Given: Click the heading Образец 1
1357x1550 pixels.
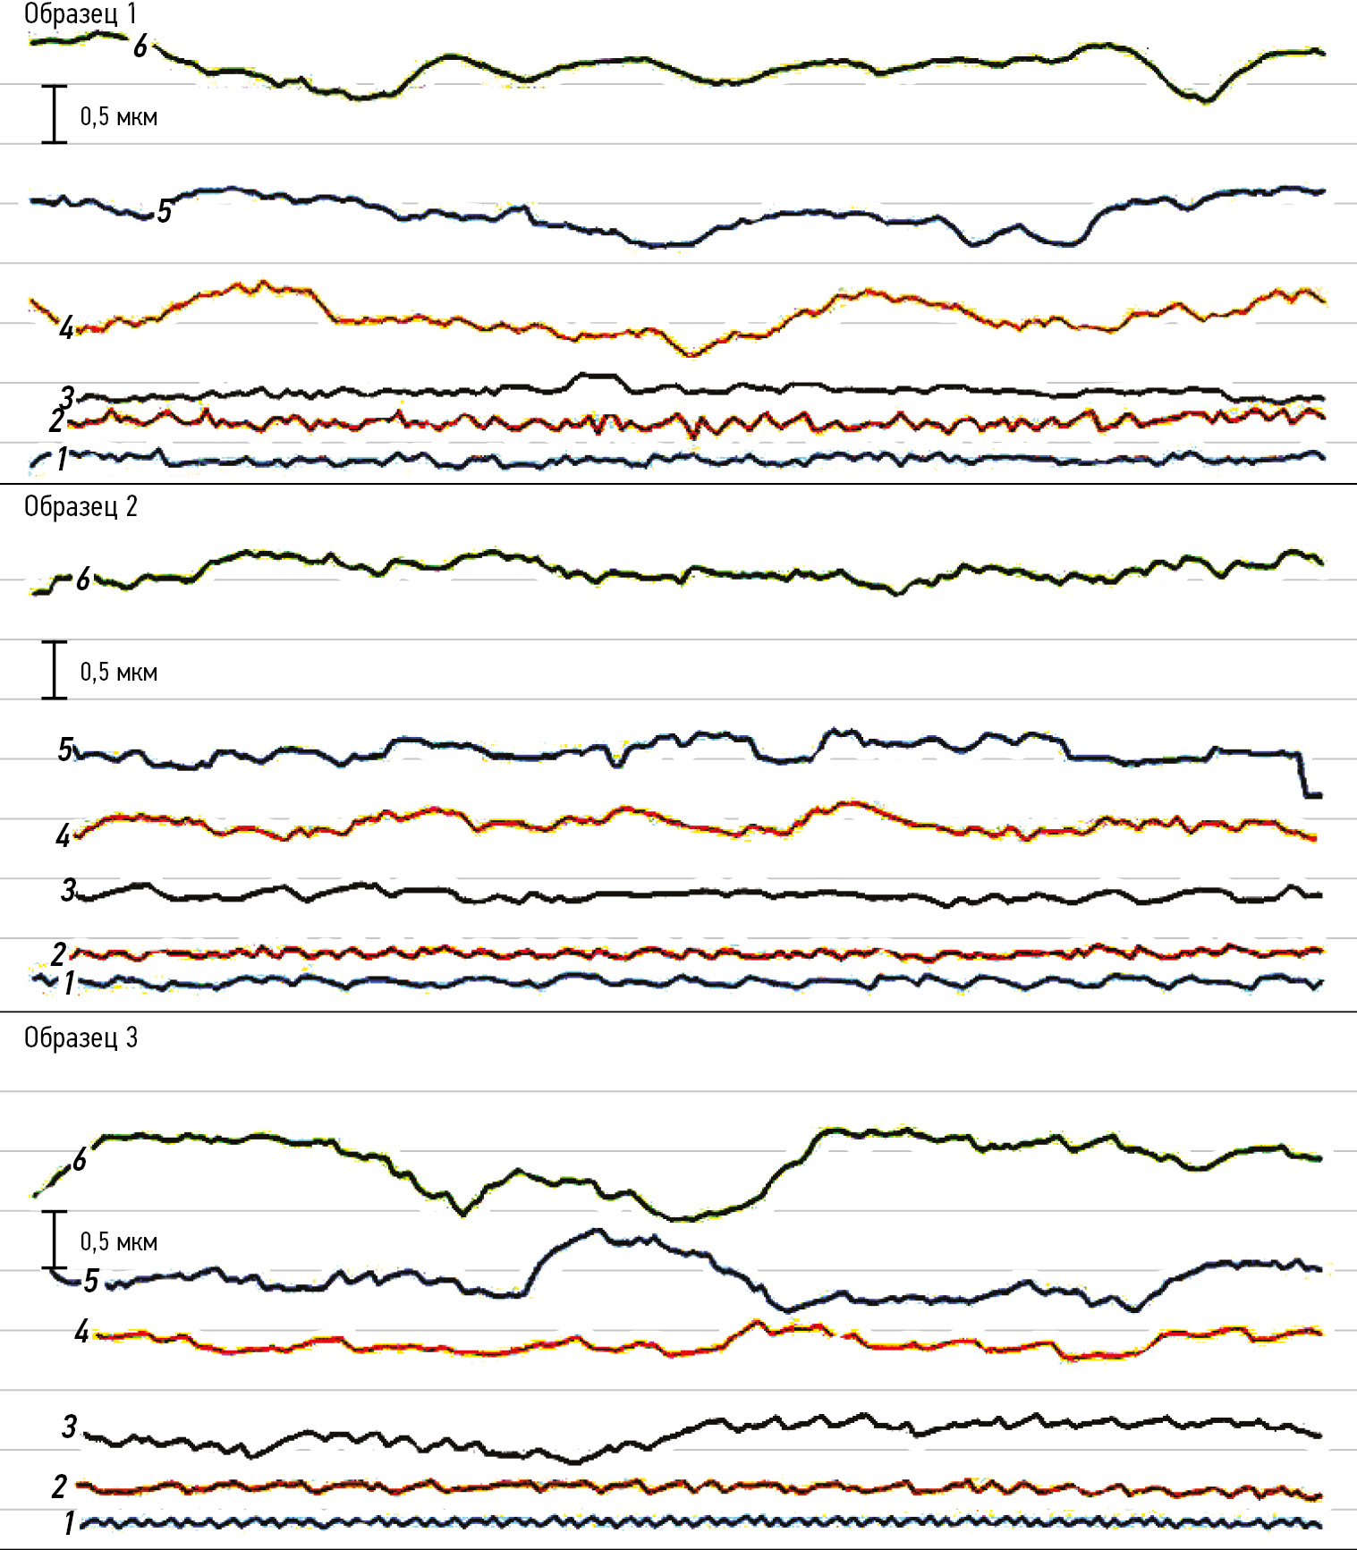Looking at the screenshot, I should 81,13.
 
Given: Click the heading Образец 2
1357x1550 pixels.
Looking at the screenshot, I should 81,507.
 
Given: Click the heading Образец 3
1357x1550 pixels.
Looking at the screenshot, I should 81,1038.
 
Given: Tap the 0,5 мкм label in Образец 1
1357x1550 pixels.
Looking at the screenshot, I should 118,117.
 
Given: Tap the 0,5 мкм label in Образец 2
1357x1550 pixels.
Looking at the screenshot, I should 118,673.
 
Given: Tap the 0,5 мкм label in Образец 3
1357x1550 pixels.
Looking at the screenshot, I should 118,1242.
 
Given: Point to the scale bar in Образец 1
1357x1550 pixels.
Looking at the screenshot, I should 55,114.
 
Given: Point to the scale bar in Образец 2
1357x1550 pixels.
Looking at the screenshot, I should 55,670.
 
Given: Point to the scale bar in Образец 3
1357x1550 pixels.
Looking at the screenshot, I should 55,1240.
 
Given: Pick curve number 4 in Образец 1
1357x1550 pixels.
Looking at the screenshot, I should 537,327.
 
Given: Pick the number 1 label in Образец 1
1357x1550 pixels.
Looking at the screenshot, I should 62,459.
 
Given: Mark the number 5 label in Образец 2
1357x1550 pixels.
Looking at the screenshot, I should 65,749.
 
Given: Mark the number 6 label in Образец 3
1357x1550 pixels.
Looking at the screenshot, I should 80,1160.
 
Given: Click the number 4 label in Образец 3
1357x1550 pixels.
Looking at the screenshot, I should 81,1332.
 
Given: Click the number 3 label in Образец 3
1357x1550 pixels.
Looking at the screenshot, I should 69,1427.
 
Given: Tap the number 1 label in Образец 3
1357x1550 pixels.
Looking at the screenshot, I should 69,1523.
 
